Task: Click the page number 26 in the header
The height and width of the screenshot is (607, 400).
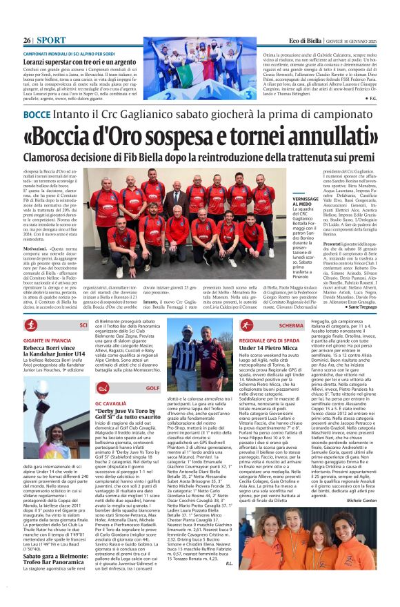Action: click(28, 41)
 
